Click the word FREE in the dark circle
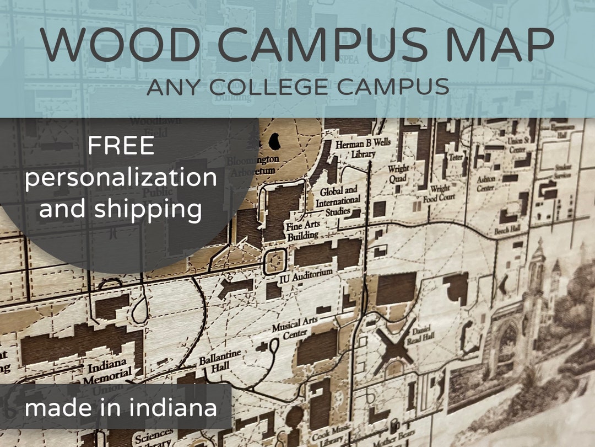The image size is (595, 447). pyautogui.click(x=121, y=146)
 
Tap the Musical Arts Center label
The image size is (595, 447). pyautogui.click(x=294, y=329)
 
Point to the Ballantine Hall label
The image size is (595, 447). pyautogui.click(x=220, y=365)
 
